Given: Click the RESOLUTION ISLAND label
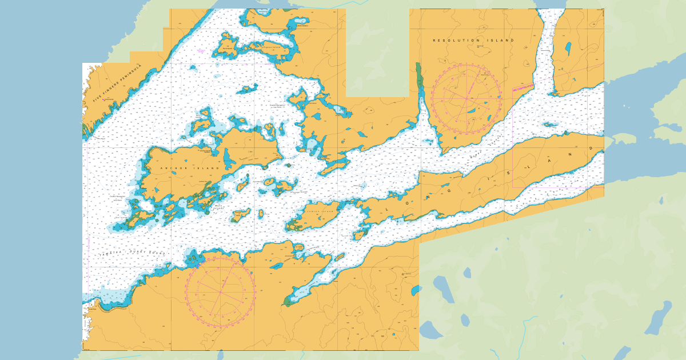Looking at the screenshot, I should point(473,41).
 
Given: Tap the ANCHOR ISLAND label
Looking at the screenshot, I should point(182,169).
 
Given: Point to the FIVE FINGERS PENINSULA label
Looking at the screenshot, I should point(117,85).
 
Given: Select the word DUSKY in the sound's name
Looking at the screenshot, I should point(140,253).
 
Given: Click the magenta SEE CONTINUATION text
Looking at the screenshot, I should point(523,87).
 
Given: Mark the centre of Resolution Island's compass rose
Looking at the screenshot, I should point(466,98).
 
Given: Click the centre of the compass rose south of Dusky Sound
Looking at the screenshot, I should point(220,292).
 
